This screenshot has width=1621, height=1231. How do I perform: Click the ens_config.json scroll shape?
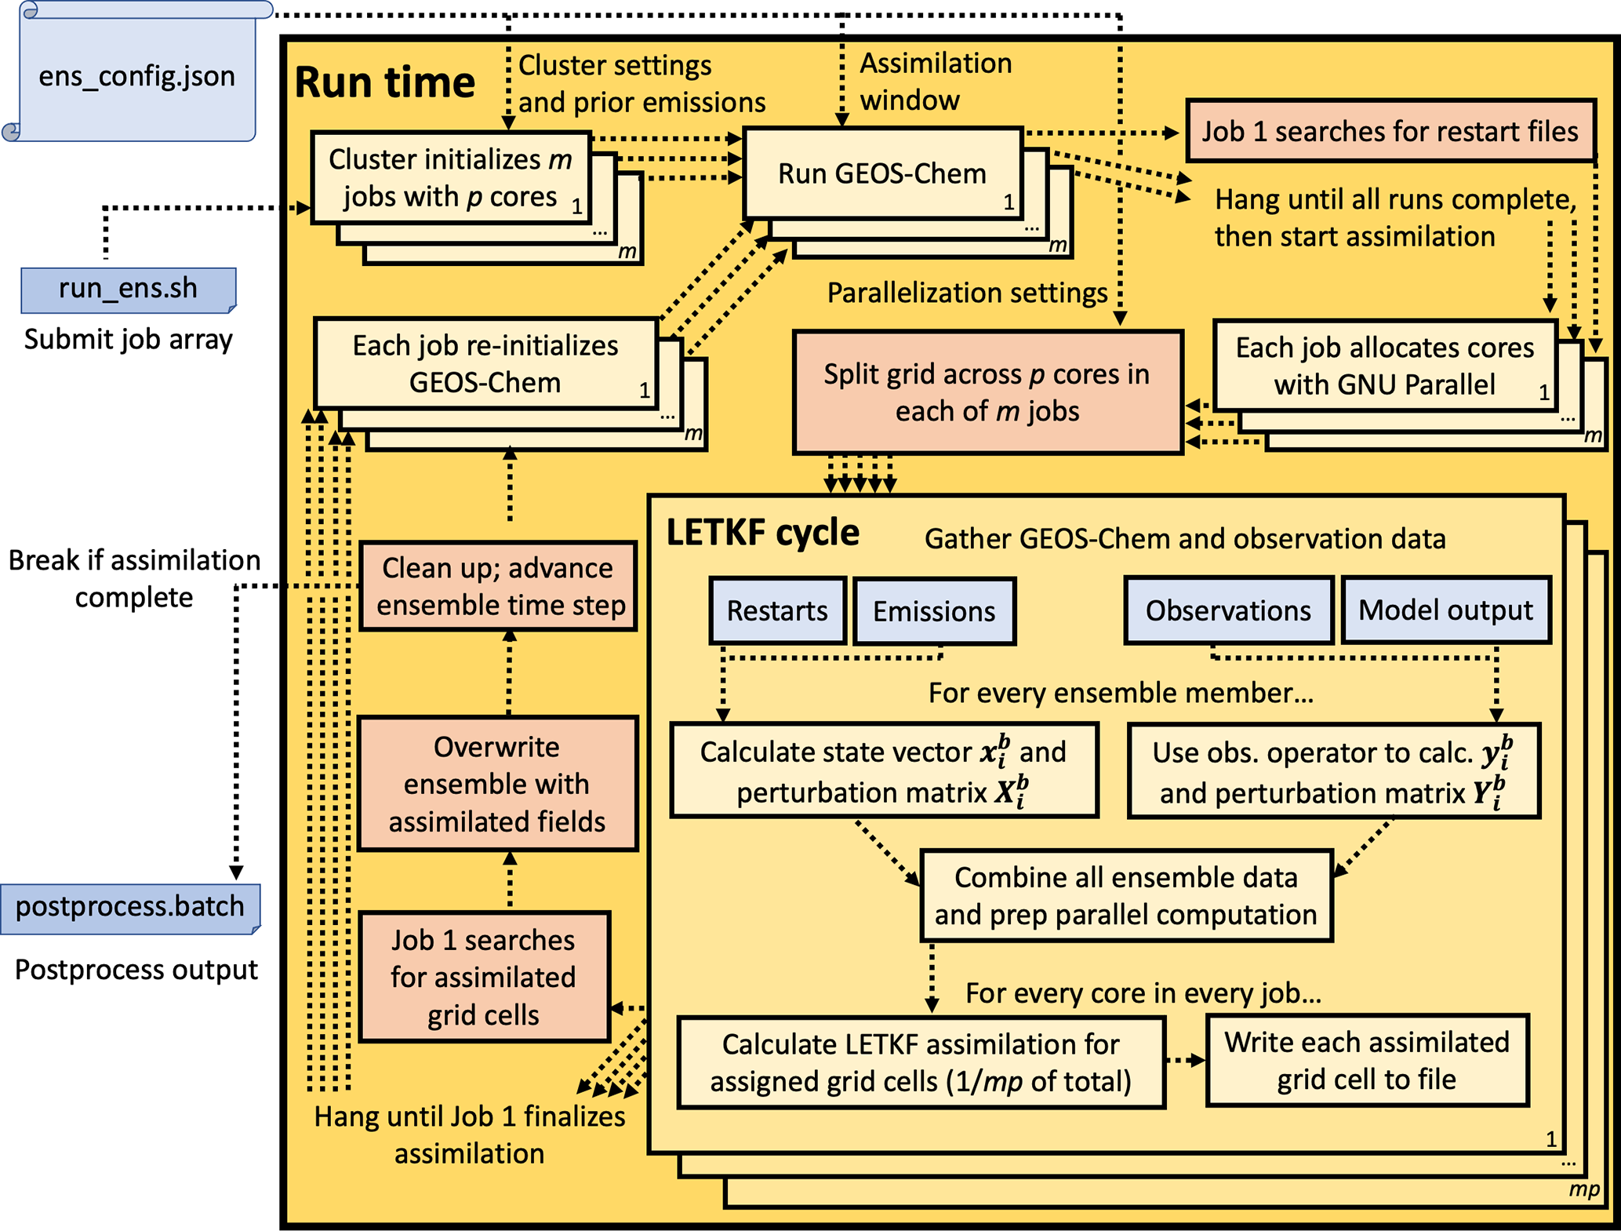click(137, 75)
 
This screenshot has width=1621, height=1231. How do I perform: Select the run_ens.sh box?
click(128, 289)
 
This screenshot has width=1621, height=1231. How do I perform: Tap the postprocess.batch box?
click(130, 907)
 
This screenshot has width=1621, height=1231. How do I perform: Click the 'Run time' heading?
click(384, 82)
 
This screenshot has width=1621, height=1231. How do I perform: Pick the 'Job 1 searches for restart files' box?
click(1390, 131)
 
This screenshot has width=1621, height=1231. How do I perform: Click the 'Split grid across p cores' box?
click(987, 392)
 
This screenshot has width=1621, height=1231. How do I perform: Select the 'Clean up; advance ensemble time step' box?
click(498, 586)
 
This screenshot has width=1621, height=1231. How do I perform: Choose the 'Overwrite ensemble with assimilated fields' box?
click(497, 784)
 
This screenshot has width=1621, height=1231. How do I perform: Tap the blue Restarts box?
click(777, 610)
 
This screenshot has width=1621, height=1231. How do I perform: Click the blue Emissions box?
click(934, 611)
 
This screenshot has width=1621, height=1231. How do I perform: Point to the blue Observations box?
click(1228, 610)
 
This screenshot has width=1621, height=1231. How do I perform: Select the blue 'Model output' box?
click(1445, 610)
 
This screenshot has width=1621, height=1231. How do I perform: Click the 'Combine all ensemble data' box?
click(1126, 895)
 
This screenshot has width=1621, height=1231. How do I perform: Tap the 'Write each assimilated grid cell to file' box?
click(1367, 1060)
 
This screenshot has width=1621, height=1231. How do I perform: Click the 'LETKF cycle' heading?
click(762, 533)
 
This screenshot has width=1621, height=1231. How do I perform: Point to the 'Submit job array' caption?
click(128, 339)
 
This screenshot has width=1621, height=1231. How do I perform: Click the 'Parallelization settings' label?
click(967, 293)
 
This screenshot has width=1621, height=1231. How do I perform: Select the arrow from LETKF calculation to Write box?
click(1185, 1061)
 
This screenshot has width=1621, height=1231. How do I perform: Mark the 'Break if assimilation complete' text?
click(134, 578)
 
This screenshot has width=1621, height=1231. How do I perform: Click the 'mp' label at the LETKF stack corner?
click(1583, 1189)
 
